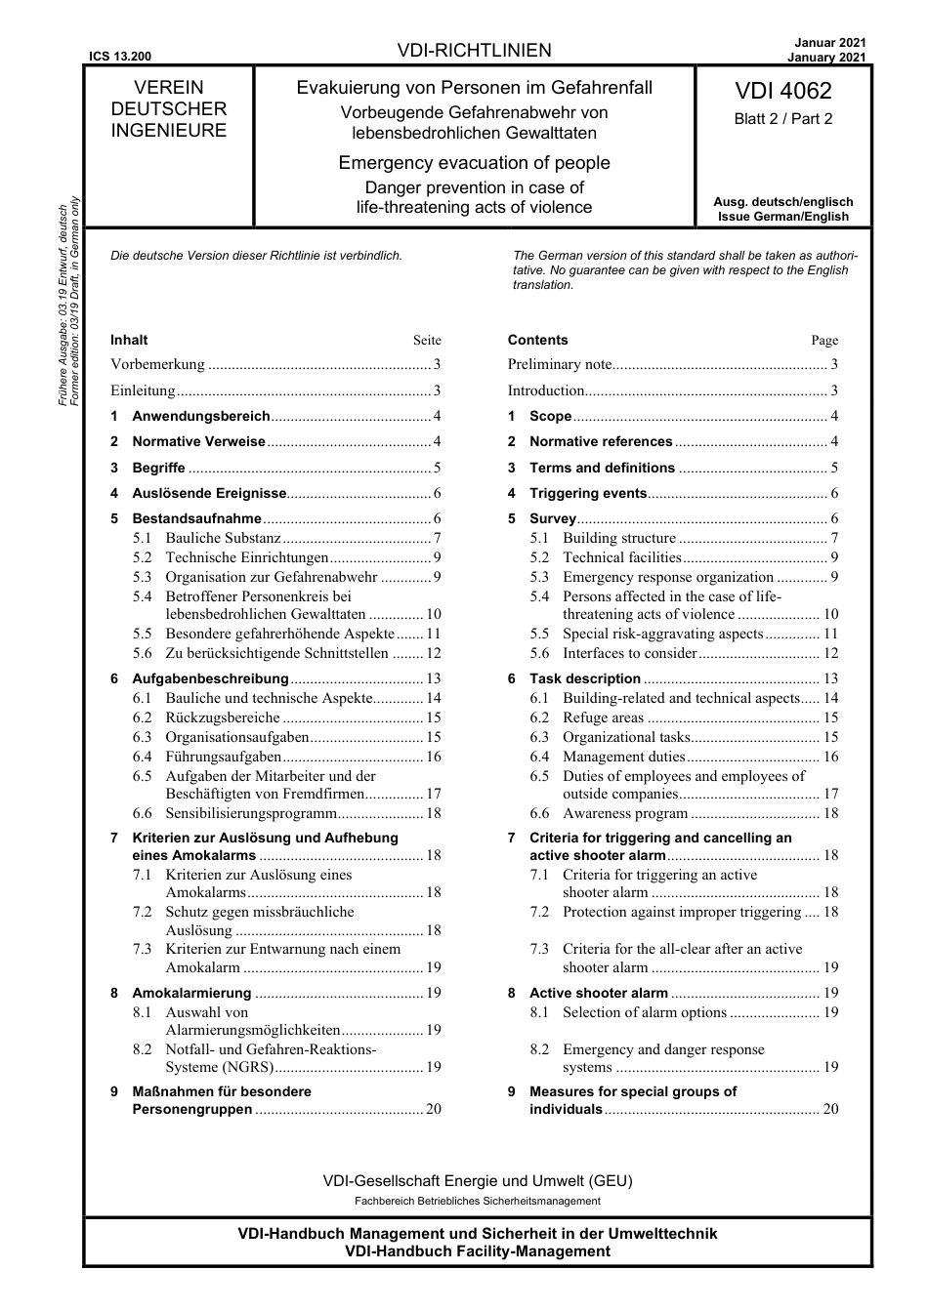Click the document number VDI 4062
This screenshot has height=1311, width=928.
(782, 91)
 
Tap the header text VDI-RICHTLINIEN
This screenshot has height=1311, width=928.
(475, 51)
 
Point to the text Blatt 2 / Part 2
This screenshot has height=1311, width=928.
(782, 119)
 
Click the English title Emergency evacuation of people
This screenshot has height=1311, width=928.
(474, 163)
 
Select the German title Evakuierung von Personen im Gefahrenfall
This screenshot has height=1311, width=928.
(474, 88)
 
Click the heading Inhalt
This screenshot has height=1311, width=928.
(129, 340)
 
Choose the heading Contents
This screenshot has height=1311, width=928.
(537, 340)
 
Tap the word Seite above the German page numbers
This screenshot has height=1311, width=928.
(427, 341)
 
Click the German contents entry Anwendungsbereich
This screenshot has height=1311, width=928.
(200, 416)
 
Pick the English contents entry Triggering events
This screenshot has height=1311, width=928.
(587, 493)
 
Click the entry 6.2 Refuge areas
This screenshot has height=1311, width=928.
(603, 717)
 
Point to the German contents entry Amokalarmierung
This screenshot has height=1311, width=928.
(191, 993)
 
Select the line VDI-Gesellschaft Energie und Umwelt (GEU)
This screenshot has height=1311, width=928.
(477, 1180)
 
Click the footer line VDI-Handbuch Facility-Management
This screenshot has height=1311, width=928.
(477, 1250)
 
